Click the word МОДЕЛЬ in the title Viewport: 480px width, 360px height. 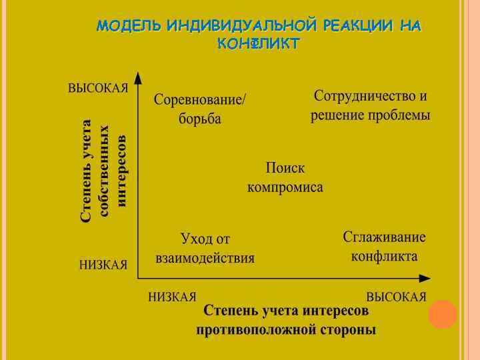pos(129,26)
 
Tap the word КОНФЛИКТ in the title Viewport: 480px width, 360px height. pos(259,43)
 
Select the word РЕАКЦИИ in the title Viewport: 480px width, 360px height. pos(359,26)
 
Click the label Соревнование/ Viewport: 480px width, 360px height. pos(200,100)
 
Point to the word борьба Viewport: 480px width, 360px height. pos(200,120)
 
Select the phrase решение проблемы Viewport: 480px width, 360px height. pos(371,115)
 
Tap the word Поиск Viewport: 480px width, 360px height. pos(285,167)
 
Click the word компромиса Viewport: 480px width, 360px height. pos(285,187)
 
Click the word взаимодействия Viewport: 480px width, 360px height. pos(205,258)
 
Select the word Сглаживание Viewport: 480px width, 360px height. pos(384,237)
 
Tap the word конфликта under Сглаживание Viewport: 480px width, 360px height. pos(385,257)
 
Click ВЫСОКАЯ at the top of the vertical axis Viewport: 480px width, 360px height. pos(98,89)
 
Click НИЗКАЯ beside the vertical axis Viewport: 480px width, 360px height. pos(103,265)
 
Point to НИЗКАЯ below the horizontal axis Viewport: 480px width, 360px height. pos(172,297)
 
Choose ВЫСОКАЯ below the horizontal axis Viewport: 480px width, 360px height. pos(396,297)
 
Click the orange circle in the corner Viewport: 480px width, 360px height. pos(442,315)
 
